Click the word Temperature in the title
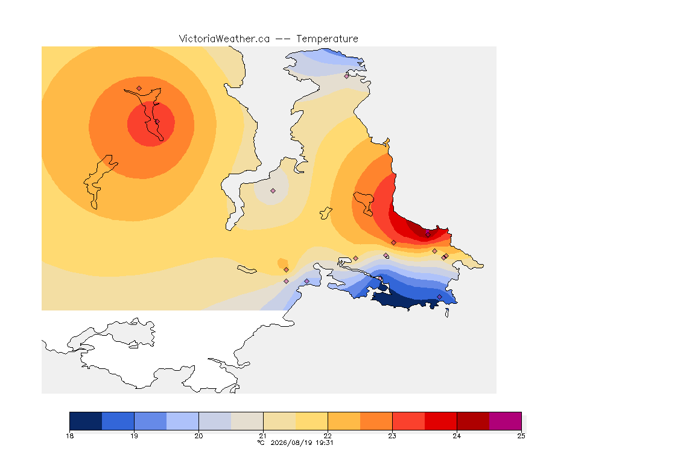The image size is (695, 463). (327, 39)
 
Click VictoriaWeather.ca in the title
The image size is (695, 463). (224, 39)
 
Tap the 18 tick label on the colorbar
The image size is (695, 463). (70, 436)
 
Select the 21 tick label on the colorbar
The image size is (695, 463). (263, 436)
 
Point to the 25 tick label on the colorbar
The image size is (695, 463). (521, 436)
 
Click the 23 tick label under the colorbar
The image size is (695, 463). (392, 436)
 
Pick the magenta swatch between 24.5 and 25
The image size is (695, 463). (506, 421)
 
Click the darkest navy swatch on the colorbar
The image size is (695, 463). (86, 421)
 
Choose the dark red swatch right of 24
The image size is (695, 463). (473, 421)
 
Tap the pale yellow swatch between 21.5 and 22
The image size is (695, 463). (311, 421)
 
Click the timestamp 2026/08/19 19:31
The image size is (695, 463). (302, 443)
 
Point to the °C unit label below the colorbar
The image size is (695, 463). (261, 443)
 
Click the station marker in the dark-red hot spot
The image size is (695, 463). (428, 235)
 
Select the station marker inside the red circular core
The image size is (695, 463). (157, 122)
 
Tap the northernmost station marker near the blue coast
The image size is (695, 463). (347, 76)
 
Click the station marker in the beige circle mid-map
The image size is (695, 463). (273, 191)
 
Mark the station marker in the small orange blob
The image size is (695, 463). (287, 270)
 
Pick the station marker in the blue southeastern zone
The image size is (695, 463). (439, 297)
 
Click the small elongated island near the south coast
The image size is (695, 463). (247, 269)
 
